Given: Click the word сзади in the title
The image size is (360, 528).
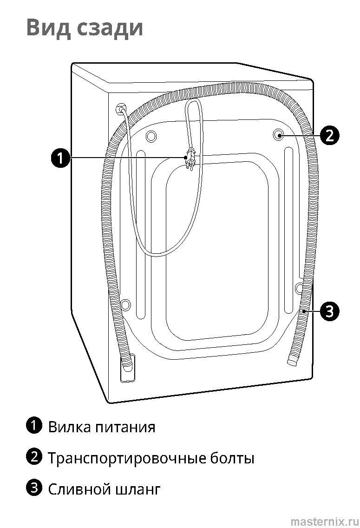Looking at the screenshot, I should [x=110, y=28].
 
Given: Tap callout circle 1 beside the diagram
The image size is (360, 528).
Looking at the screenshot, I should [x=60, y=158].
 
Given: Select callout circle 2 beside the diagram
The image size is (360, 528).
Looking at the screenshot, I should [x=329, y=135].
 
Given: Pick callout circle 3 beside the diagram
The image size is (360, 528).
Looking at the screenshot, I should [x=329, y=310].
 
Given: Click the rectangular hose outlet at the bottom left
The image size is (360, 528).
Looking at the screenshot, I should [x=127, y=368].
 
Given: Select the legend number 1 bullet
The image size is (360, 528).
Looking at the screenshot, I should [x=34, y=425].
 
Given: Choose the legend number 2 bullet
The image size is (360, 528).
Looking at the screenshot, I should [x=34, y=457].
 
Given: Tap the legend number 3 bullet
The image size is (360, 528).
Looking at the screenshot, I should [x=34, y=488].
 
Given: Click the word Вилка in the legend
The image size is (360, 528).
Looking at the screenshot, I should [x=70, y=426].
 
